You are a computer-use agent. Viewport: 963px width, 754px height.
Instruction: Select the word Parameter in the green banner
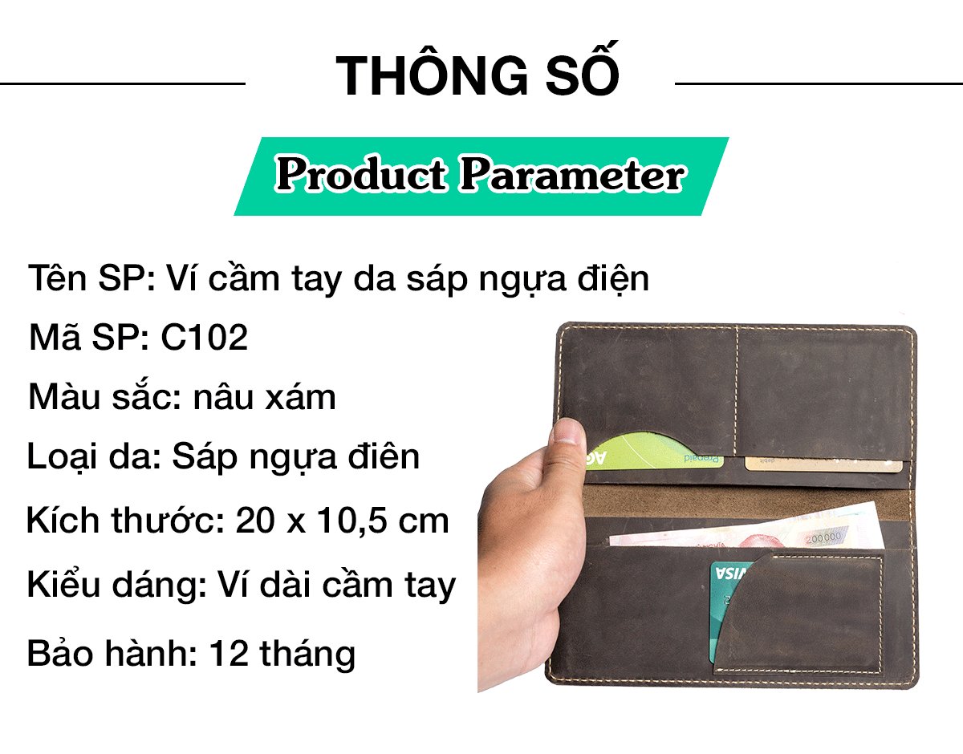[x=572, y=175]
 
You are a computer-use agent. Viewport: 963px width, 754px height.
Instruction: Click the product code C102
[x=205, y=338]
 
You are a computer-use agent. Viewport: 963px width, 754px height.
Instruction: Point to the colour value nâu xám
[x=265, y=397]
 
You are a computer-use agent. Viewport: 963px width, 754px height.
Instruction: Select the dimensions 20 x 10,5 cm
[x=342, y=521]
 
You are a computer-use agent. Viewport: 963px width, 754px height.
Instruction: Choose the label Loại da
[x=94, y=457]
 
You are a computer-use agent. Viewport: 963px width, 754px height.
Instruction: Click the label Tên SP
[x=91, y=278]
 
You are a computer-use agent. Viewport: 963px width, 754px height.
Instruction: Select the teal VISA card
[x=727, y=611]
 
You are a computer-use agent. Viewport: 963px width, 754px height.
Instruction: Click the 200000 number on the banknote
[x=823, y=538]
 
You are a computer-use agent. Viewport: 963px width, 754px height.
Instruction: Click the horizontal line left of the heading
[x=123, y=83]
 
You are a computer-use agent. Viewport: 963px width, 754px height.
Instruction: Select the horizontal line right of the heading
[x=819, y=83]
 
